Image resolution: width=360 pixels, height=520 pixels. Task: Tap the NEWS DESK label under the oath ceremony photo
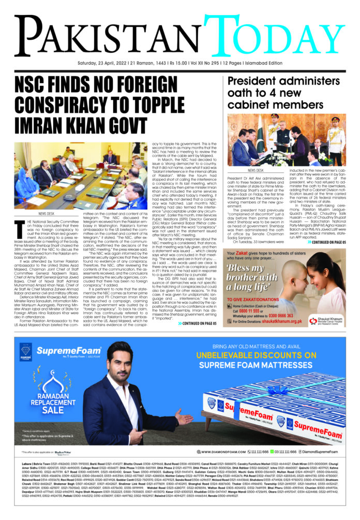pyautogui.click(x=255, y=170)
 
